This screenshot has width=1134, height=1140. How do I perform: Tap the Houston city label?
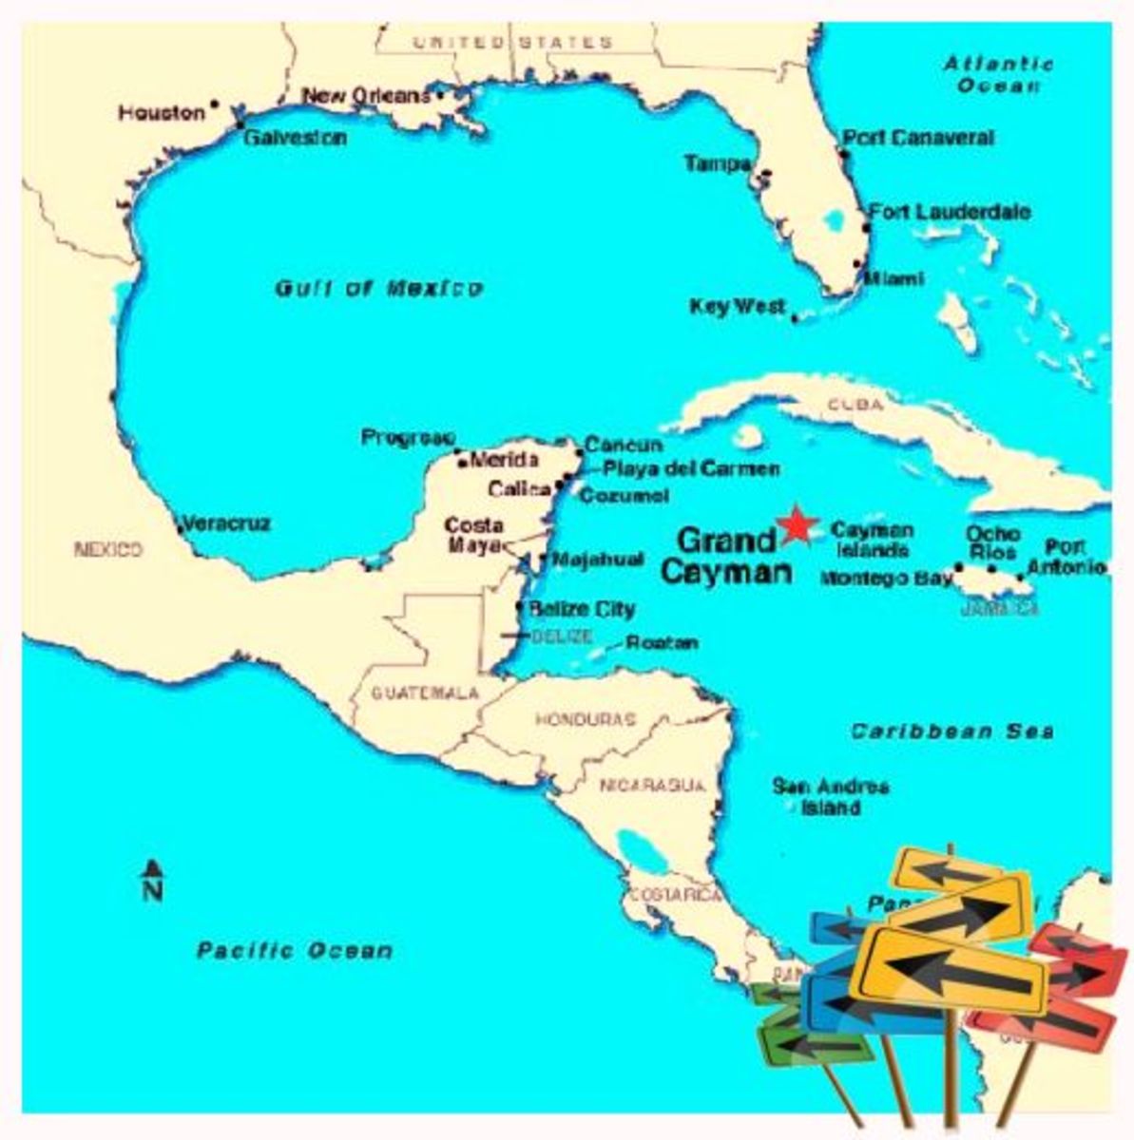pyautogui.click(x=162, y=113)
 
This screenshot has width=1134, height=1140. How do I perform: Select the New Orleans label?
pyautogui.click(x=366, y=96)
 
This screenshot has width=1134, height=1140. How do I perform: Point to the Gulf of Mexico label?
pyautogui.click(x=379, y=288)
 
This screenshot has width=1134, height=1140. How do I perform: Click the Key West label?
pyautogui.click(x=738, y=307)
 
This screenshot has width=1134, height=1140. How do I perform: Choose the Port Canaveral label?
pyautogui.click(x=919, y=138)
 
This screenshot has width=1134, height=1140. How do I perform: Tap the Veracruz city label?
pyautogui.click(x=226, y=523)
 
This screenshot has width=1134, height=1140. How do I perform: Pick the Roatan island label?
pyautogui.click(x=662, y=643)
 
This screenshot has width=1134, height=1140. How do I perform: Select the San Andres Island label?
pyautogui.click(x=831, y=797)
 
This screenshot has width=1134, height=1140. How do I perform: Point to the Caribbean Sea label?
pyautogui.click(x=951, y=731)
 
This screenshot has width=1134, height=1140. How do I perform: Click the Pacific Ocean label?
pyautogui.click(x=295, y=950)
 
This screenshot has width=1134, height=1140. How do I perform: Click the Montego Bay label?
pyautogui.click(x=886, y=578)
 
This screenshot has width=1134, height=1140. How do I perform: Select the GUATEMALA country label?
pyautogui.click(x=425, y=693)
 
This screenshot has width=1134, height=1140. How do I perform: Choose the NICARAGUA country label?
pyautogui.click(x=652, y=786)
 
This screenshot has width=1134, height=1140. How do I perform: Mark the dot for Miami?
pyautogui.click(x=856, y=264)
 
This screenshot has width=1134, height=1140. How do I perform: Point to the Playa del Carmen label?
pyautogui.click(x=691, y=468)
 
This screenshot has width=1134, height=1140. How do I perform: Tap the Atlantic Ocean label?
pyautogui.click(x=998, y=74)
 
